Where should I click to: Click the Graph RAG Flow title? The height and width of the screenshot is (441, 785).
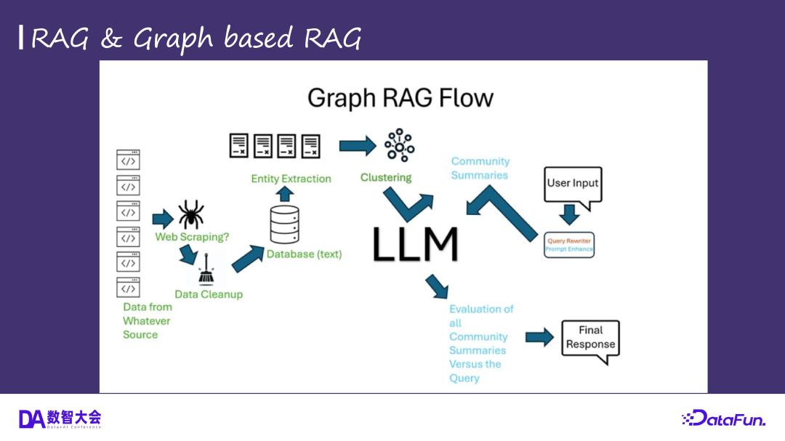pyautogui.click(x=400, y=98)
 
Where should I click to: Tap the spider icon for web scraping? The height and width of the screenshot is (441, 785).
pyautogui.click(x=190, y=215)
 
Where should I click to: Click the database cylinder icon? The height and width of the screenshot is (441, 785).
pyautogui.click(x=284, y=224)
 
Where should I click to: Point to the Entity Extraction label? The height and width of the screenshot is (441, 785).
pyautogui.click(x=291, y=179)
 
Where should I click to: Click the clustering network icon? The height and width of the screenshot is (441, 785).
pyautogui.click(x=399, y=145)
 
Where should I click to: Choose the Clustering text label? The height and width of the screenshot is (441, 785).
pyautogui.click(x=385, y=177)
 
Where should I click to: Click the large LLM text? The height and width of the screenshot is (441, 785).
pyautogui.click(x=415, y=244)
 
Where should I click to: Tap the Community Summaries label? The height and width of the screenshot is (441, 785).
pyautogui.click(x=480, y=168)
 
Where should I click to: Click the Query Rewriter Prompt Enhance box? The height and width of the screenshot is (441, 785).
pyautogui.click(x=569, y=244)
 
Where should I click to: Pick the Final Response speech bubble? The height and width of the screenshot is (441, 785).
pyautogui.click(x=590, y=339)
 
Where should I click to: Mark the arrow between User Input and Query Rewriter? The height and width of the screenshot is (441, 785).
pyautogui.click(x=570, y=214)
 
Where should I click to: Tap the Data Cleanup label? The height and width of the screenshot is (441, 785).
pyautogui.click(x=209, y=294)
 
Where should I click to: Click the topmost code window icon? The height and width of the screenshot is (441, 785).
pyautogui.click(x=128, y=160)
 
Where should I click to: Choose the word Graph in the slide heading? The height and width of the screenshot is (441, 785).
pyautogui.click(x=173, y=39)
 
